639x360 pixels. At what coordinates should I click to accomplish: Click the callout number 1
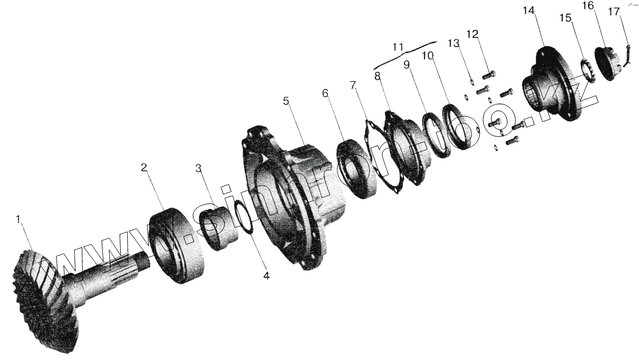[x=18, y=219]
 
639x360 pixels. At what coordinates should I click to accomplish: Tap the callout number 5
[x=286, y=101]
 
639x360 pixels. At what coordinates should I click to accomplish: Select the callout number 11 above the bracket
[x=398, y=48]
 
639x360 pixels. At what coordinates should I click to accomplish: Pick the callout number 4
[x=266, y=276]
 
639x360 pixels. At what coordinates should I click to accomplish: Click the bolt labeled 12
[x=489, y=74]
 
